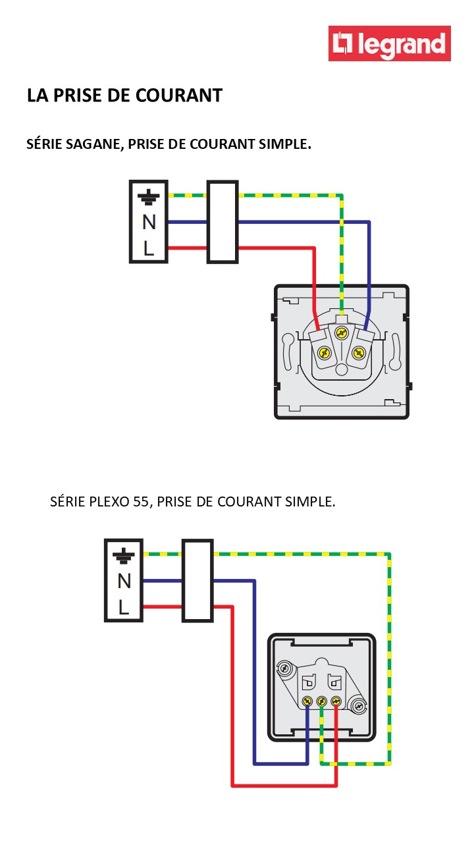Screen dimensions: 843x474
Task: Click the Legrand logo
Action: (x=390, y=43)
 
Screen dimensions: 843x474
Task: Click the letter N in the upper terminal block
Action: (x=149, y=223)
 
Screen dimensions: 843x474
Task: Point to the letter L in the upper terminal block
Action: (x=149, y=248)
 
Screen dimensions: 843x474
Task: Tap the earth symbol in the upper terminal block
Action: (x=149, y=196)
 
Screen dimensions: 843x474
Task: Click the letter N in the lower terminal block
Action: (x=124, y=581)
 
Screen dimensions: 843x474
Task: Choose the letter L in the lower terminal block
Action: (x=124, y=607)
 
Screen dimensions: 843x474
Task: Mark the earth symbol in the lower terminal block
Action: (x=124, y=555)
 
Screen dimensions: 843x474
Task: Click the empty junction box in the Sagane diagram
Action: (x=223, y=222)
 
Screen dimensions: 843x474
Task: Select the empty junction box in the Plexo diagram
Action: (x=197, y=580)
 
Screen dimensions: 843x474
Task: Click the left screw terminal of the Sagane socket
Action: (x=323, y=353)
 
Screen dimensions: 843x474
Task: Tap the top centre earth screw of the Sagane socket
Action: (x=341, y=333)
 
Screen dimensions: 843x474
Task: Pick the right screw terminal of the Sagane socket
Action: (x=359, y=353)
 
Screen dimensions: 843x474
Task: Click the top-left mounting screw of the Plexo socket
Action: (x=284, y=668)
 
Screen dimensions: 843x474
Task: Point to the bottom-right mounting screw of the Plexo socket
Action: (x=359, y=707)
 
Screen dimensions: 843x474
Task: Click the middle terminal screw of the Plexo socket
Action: (x=322, y=701)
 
